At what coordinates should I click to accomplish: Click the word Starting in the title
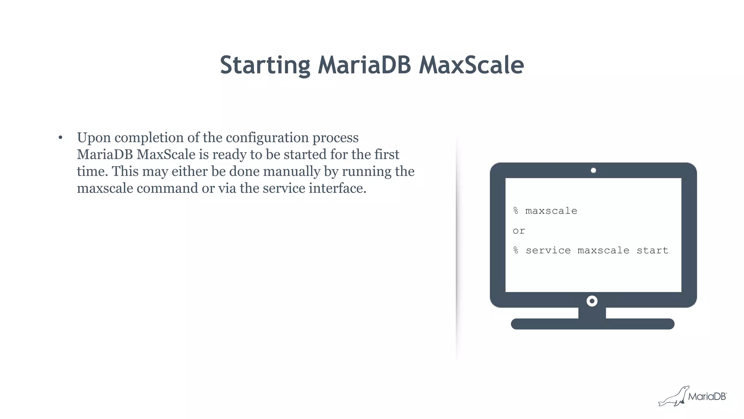click(x=265, y=65)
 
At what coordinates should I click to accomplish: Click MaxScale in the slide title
click(x=471, y=65)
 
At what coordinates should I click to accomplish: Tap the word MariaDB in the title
click(x=364, y=65)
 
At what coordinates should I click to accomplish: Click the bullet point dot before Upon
click(x=60, y=138)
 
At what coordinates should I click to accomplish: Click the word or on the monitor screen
click(x=519, y=231)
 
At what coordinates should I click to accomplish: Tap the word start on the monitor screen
click(x=652, y=250)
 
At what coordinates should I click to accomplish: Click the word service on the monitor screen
click(x=548, y=250)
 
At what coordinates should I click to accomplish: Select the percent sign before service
click(x=516, y=250)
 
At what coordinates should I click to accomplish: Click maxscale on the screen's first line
click(x=551, y=211)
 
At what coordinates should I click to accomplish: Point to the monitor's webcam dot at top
click(x=593, y=170)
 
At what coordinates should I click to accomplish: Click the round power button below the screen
click(x=592, y=301)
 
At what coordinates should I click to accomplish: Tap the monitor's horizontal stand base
click(x=593, y=324)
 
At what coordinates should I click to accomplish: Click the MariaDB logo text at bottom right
click(x=707, y=396)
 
